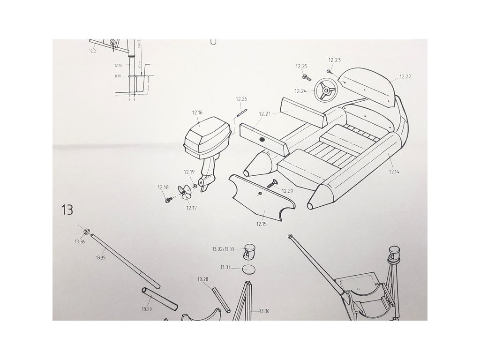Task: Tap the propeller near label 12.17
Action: click(185, 193)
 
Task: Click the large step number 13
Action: click(67, 210)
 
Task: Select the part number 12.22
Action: click(405, 76)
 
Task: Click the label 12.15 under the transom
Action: click(261, 224)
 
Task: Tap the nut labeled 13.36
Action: click(86, 231)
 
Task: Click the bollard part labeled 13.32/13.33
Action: click(248, 252)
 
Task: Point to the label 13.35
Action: click(100, 257)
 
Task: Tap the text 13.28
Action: click(202, 279)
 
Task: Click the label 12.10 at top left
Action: click(118, 65)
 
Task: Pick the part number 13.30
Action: click(264, 311)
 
